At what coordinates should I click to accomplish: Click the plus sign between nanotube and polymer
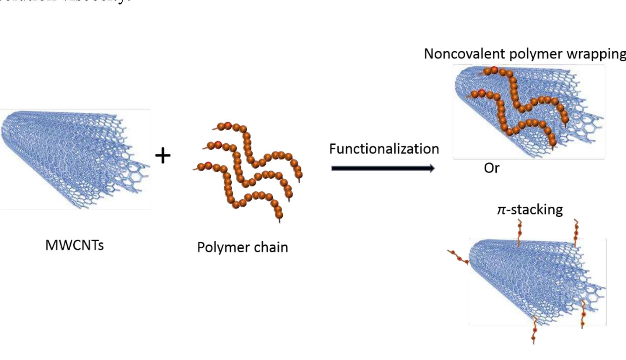click(163, 156)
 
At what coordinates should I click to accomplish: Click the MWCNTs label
click(74, 245)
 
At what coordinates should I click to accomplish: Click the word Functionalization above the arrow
click(384, 149)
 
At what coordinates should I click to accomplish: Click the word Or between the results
click(491, 168)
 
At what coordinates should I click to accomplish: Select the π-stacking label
click(530, 210)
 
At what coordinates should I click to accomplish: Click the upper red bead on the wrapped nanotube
click(494, 70)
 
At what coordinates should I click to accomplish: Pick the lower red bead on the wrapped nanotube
click(481, 92)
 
